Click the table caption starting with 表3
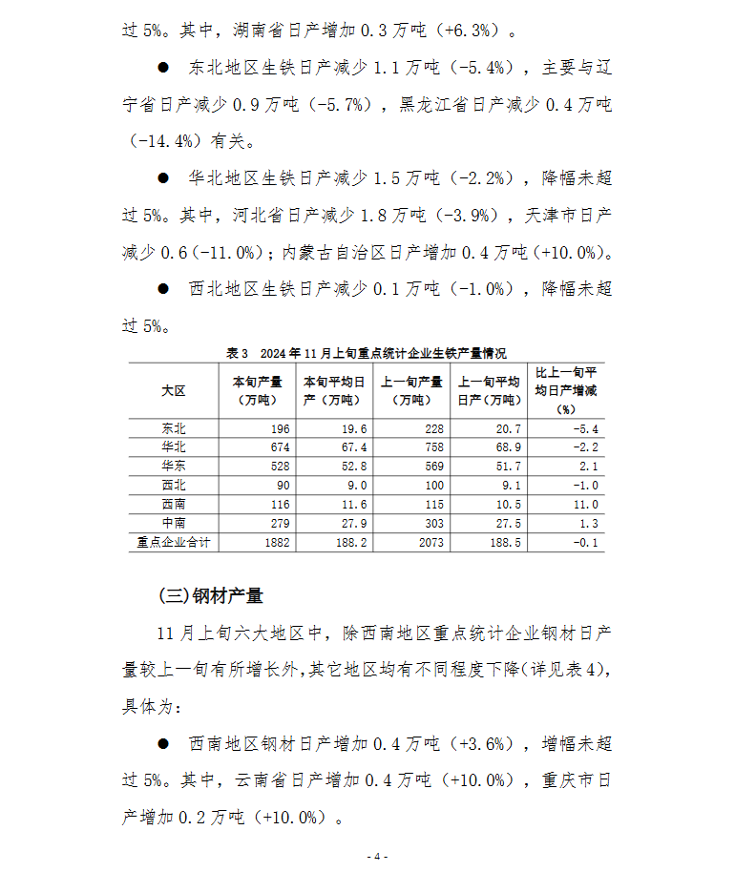point(367,353)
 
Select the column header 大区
point(173,391)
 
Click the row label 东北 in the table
point(173,428)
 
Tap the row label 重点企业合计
point(173,543)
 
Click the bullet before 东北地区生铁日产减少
point(163,68)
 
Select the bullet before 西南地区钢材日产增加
point(163,743)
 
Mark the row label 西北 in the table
point(173,486)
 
